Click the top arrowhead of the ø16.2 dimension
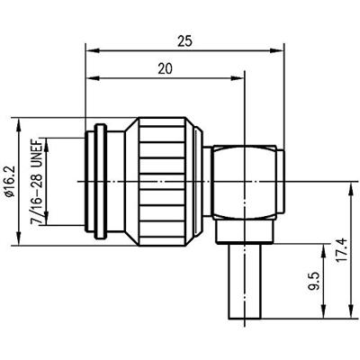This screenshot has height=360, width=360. coord(20,121)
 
